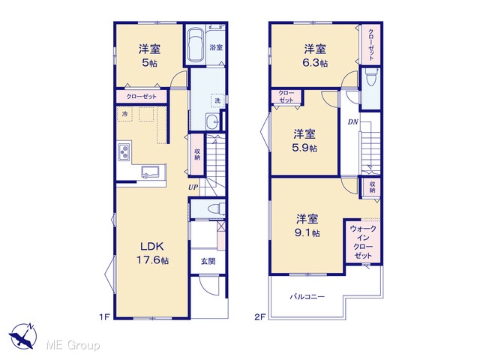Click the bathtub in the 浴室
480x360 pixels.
(195, 45)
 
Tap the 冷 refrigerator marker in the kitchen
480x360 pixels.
(124, 114)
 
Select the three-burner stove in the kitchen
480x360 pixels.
(124, 151)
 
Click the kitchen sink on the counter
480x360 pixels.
(150, 172)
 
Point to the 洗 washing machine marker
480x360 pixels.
(217, 100)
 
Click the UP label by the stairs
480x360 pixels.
(193, 187)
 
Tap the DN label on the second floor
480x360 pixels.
(353, 121)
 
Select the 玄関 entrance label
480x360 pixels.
(208, 261)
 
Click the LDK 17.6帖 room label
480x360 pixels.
(152, 253)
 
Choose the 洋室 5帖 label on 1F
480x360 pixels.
(149, 55)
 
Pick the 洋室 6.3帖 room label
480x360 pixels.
(315, 55)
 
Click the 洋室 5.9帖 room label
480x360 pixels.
(304, 140)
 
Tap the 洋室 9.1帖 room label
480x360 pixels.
(307, 226)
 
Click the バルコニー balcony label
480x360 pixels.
(307, 297)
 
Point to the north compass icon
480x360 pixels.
(23, 336)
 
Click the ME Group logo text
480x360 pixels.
(73, 345)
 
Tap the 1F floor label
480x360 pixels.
(104, 316)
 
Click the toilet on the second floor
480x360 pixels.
(372, 78)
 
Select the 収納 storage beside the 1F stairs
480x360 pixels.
(197, 154)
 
